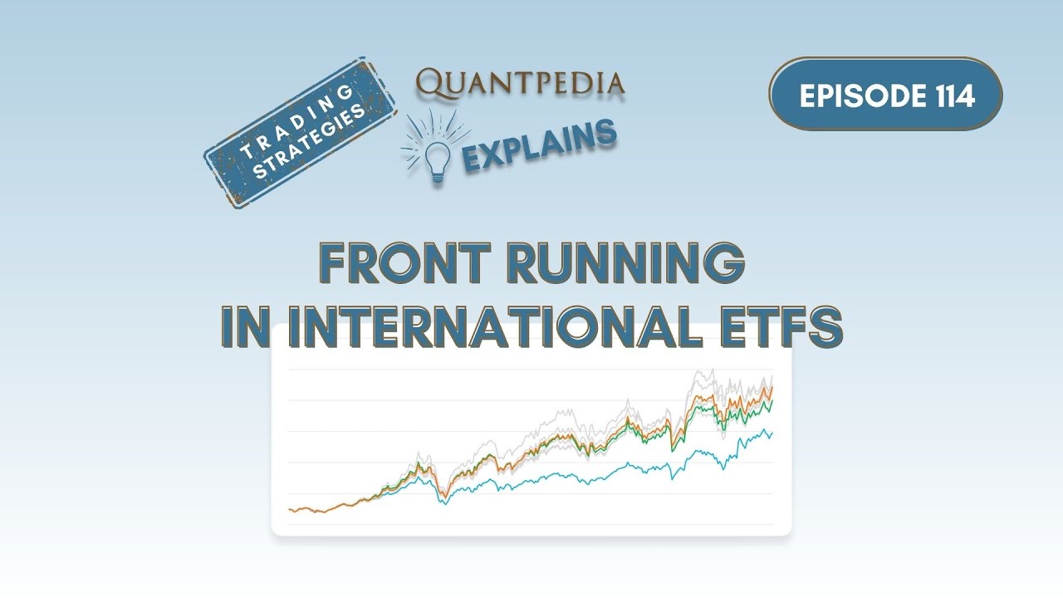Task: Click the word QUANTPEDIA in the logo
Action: click(x=521, y=83)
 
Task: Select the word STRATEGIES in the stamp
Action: click(x=309, y=143)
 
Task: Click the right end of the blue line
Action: click(x=772, y=432)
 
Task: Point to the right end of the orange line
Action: click(x=772, y=386)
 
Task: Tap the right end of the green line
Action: click(x=772, y=400)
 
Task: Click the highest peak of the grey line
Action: click(x=712, y=370)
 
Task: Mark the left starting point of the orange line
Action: click(x=289, y=509)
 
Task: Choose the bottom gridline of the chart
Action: click(x=531, y=524)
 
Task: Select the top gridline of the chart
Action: click(x=531, y=370)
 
